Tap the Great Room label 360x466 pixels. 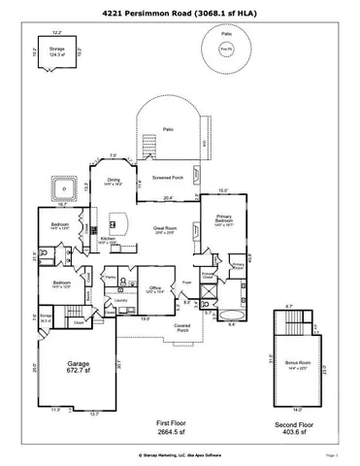pos(163,231)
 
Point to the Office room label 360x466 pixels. pos(154,289)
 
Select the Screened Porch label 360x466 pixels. pos(166,177)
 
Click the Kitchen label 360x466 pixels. pos(109,240)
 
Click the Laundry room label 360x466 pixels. pos(121,301)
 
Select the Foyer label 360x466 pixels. pos(186,283)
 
